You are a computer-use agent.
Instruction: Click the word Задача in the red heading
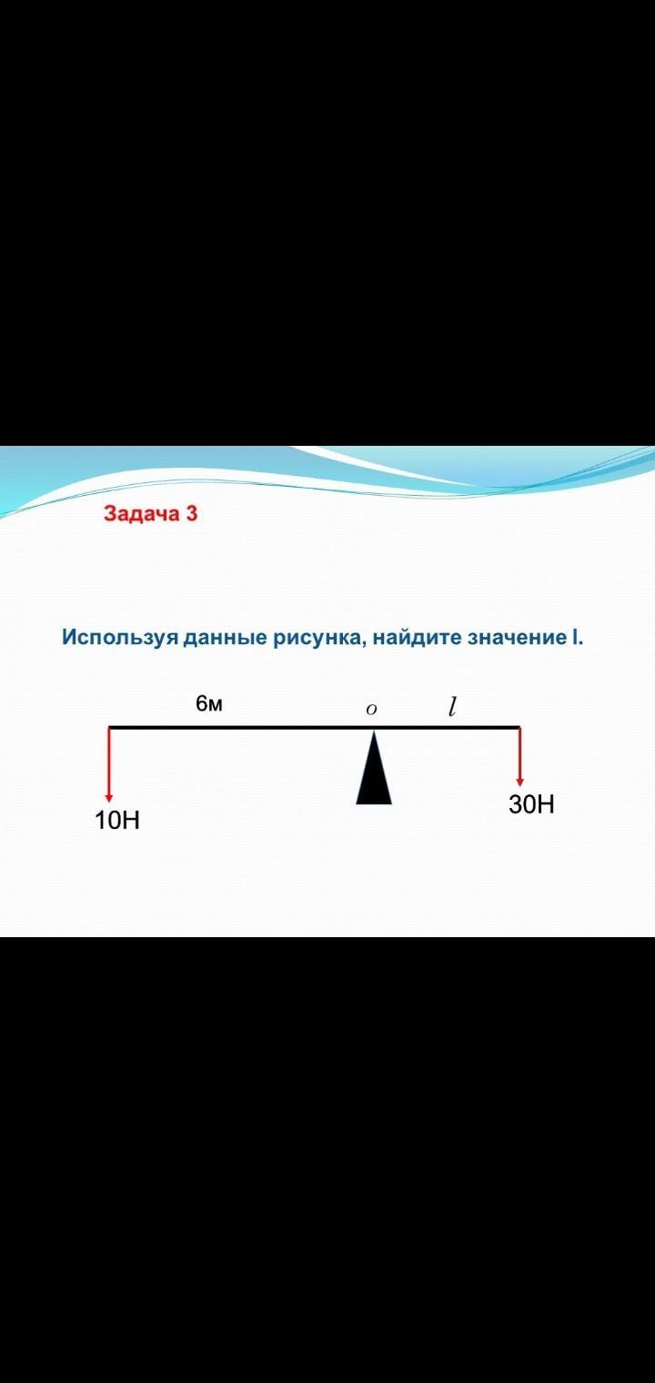(x=141, y=514)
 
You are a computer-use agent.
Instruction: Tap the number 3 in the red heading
(x=191, y=513)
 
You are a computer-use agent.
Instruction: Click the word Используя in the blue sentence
(x=120, y=637)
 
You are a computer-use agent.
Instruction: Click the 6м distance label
(x=209, y=703)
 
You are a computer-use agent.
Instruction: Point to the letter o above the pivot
(x=371, y=710)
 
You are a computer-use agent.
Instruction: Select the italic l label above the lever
(x=452, y=706)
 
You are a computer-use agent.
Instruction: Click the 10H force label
(x=117, y=821)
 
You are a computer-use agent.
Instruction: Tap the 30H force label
(x=531, y=804)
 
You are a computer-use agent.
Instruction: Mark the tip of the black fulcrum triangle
(x=374, y=731)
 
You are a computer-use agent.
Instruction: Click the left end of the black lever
(x=109, y=727)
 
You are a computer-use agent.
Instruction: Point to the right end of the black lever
(x=519, y=727)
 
